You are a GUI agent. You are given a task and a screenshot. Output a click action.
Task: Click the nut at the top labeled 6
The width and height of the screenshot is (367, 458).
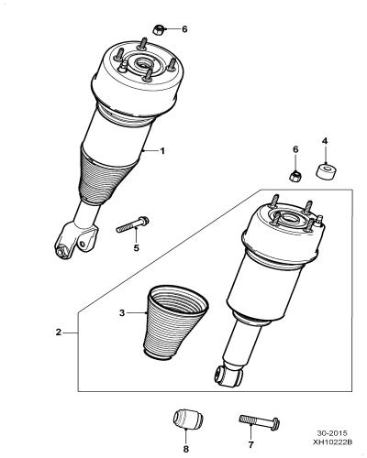(158, 29)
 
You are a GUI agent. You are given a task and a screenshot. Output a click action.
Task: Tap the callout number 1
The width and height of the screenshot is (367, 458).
(162, 151)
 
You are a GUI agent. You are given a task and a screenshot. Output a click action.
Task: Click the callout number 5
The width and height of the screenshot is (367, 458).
(136, 248)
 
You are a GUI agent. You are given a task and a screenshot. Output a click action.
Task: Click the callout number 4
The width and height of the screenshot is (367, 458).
(325, 141)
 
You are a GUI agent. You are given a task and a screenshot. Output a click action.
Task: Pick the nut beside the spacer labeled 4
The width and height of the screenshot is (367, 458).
(295, 176)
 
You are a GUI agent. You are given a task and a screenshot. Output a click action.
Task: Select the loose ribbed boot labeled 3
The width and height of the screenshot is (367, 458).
(175, 322)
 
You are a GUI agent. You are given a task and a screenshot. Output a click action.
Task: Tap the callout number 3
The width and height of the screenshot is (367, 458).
(122, 313)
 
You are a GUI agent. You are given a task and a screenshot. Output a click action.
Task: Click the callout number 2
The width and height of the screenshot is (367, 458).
(59, 333)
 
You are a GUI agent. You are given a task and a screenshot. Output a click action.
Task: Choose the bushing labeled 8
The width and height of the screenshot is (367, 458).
(188, 420)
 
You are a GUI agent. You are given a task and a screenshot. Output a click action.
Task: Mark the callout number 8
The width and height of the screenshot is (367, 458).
(186, 449)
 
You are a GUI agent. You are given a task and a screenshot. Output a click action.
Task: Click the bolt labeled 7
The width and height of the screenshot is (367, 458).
(259, 421)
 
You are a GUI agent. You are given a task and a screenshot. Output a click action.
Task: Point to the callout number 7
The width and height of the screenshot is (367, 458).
(250, 444)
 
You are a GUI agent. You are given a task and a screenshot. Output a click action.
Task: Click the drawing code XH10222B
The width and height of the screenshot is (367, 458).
(332, 442)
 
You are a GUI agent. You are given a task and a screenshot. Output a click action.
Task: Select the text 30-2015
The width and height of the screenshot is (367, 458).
(332, 433)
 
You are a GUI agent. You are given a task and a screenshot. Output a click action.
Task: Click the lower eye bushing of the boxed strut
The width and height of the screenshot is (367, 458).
(221, 375)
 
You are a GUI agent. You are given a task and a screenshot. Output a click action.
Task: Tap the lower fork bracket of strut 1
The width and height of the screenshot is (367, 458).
(75, 240)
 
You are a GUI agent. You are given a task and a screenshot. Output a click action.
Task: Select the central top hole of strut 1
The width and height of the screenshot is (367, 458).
(142, 64)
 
